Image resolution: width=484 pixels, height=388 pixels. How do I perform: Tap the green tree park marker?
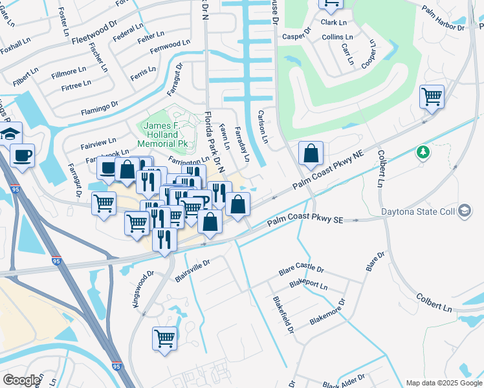pyautogui.click(x=423, y=152)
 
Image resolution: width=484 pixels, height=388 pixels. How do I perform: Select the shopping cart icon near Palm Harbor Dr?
pyautogui.click(x=432, y=98)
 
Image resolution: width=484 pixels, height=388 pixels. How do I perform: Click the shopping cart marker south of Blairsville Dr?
pyautogui.click(x=165, y=338)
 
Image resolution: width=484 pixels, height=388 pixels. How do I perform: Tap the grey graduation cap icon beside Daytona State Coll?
pyautogui.click(x=464, y=211)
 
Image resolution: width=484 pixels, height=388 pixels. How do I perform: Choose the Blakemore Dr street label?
pyautogui.click(x=328, y=311)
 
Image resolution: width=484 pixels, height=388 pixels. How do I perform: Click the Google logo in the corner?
pyautogui.click(x=21, y=380)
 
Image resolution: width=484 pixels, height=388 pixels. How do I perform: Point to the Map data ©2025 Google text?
pyautogui.click(x=443, y=382)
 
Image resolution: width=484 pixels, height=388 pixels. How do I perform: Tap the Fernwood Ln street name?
pyautogui.click(x=170, y=47)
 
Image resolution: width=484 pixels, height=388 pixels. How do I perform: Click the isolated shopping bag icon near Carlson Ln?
pyautogui.click(x=311, y=154)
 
